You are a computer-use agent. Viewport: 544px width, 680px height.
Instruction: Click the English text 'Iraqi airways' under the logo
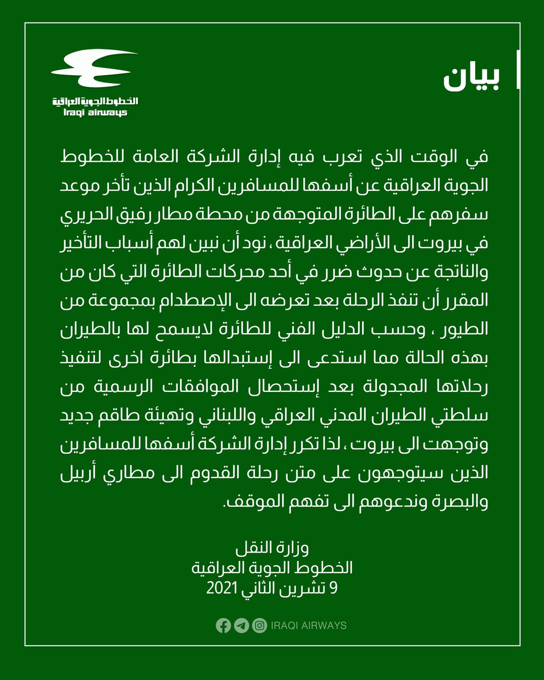tap(95, 113)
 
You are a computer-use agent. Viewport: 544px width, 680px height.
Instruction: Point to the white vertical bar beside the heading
tap(518, 70)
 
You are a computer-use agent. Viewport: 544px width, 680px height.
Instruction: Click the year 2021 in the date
tap(221, 588)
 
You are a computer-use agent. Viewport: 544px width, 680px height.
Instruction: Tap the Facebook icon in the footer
tap(223, 626)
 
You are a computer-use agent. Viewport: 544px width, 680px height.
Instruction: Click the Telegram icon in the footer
tap(241, 626)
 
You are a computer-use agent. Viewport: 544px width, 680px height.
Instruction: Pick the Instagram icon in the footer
tap(259, 626)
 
